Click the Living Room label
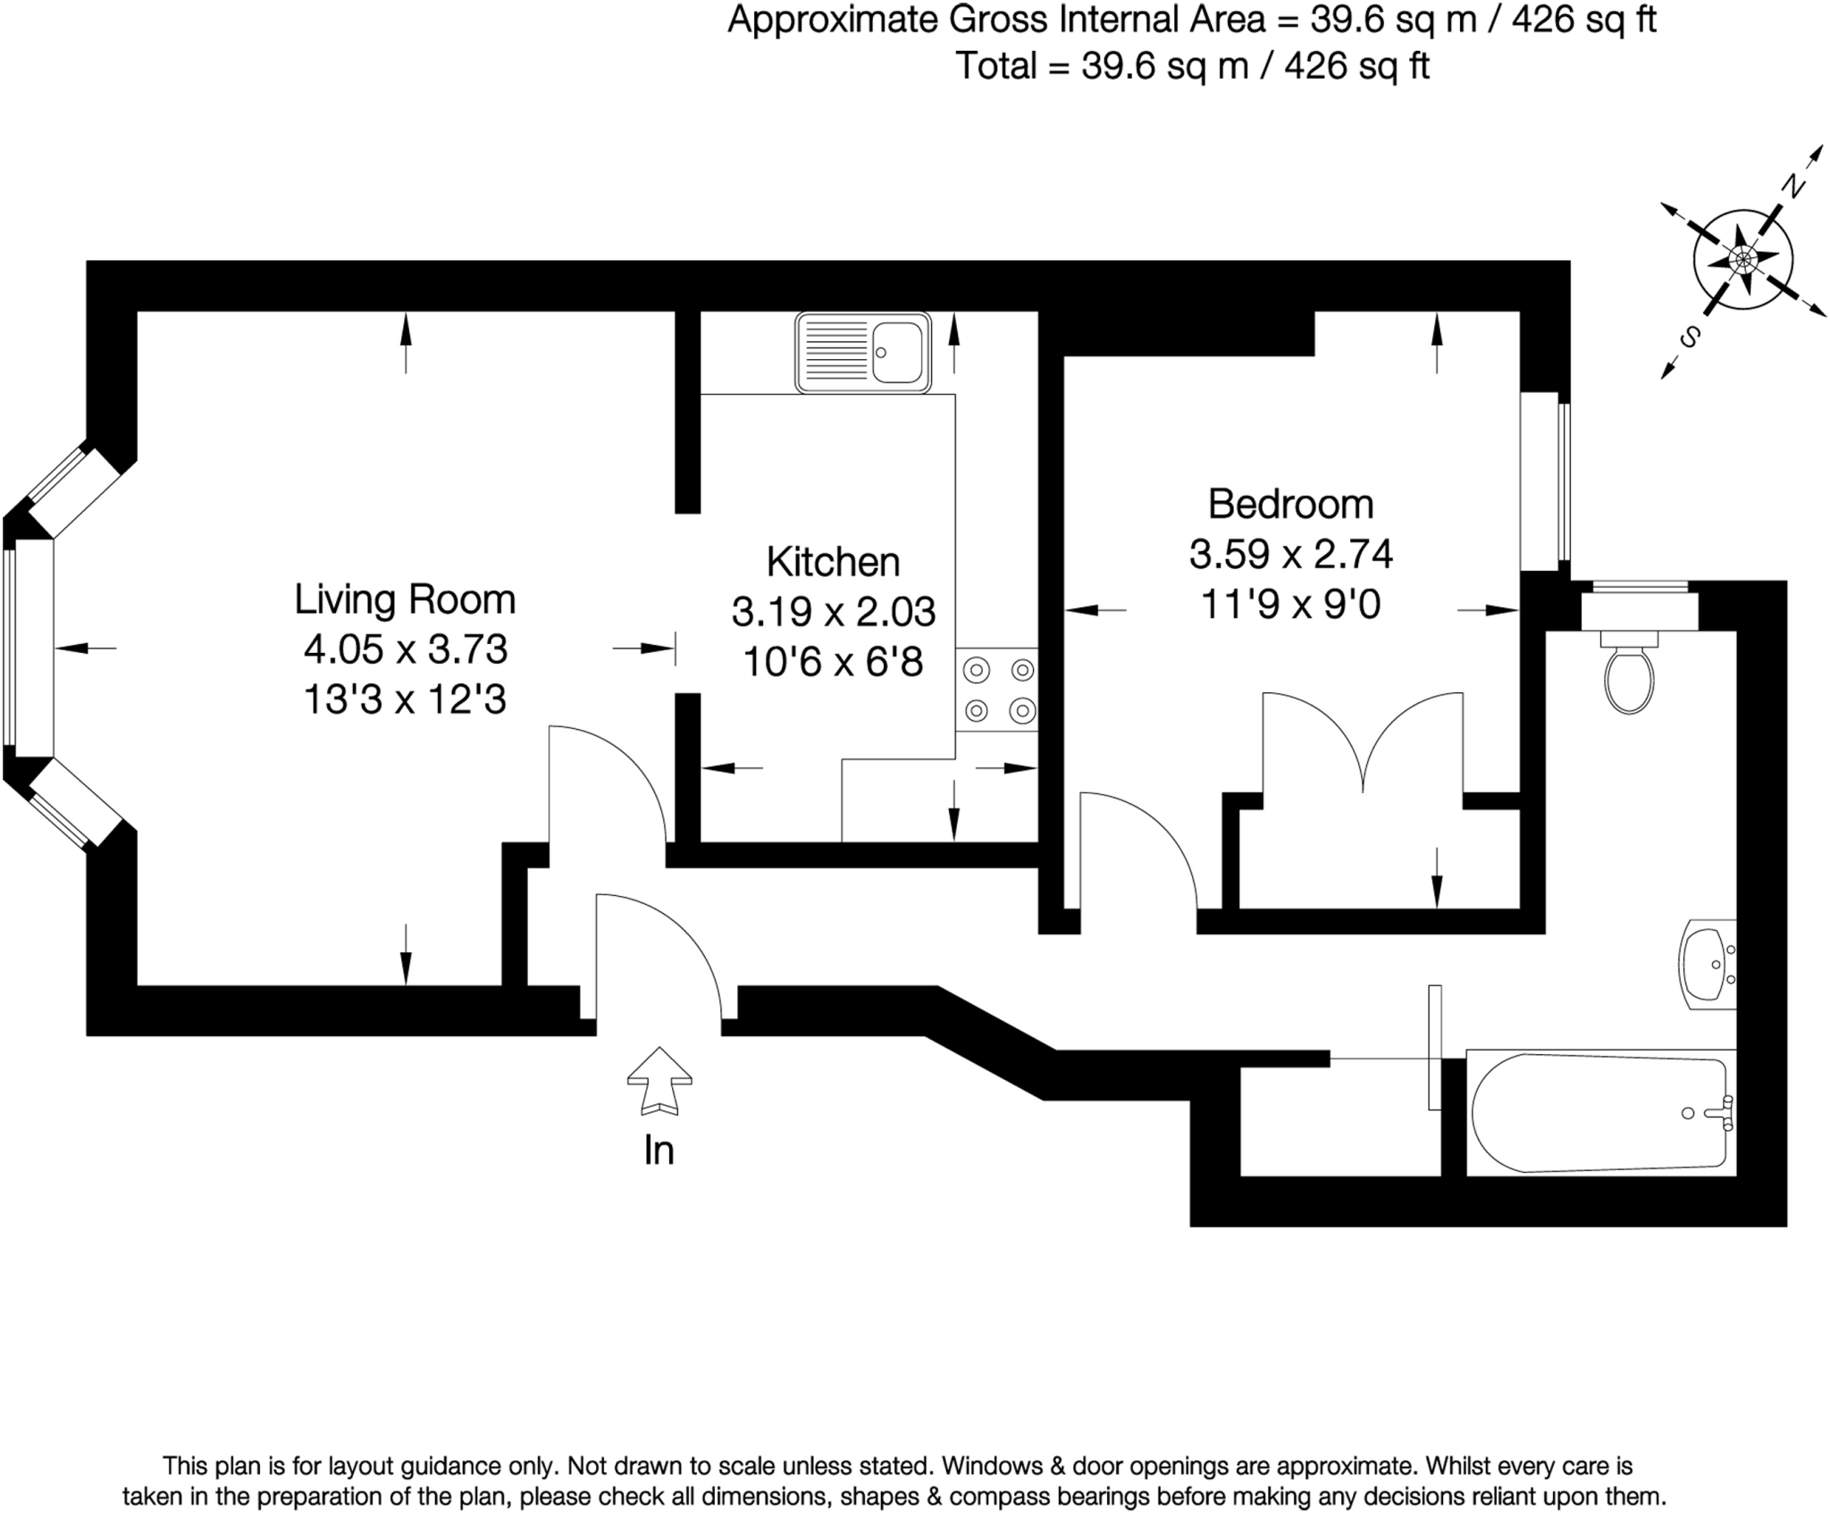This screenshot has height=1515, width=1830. click(x=405, y=598)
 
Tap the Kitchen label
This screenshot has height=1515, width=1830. click(x=833, y=562)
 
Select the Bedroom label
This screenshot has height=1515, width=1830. click(x=1290, y=504)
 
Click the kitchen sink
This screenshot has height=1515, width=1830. click(x=863, y=352)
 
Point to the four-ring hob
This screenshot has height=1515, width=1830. click(x=997, y=690)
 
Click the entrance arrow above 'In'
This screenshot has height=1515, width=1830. click(x=659, y=1081)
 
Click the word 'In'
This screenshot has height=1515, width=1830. click(x=659, y=1151)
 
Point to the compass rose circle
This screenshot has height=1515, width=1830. click(x=1742, y=260)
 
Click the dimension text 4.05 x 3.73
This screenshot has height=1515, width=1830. click(x=406, y=649)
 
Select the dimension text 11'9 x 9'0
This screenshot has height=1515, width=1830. click(x=1290, y=605)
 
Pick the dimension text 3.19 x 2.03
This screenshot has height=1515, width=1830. click(x=834, y=612)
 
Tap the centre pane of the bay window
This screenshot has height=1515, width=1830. click(x=29, y=648)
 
